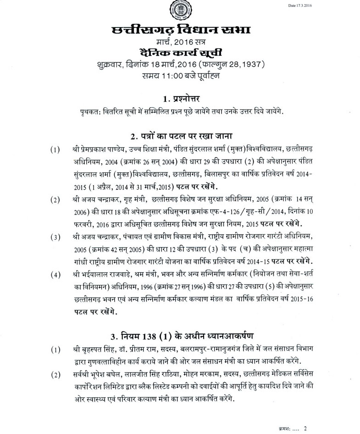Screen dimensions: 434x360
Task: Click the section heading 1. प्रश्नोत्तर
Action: point(180,98)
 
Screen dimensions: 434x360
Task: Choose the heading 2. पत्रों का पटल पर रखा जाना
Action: point(180,136)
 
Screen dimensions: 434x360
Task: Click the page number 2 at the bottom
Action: point(305,425)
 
